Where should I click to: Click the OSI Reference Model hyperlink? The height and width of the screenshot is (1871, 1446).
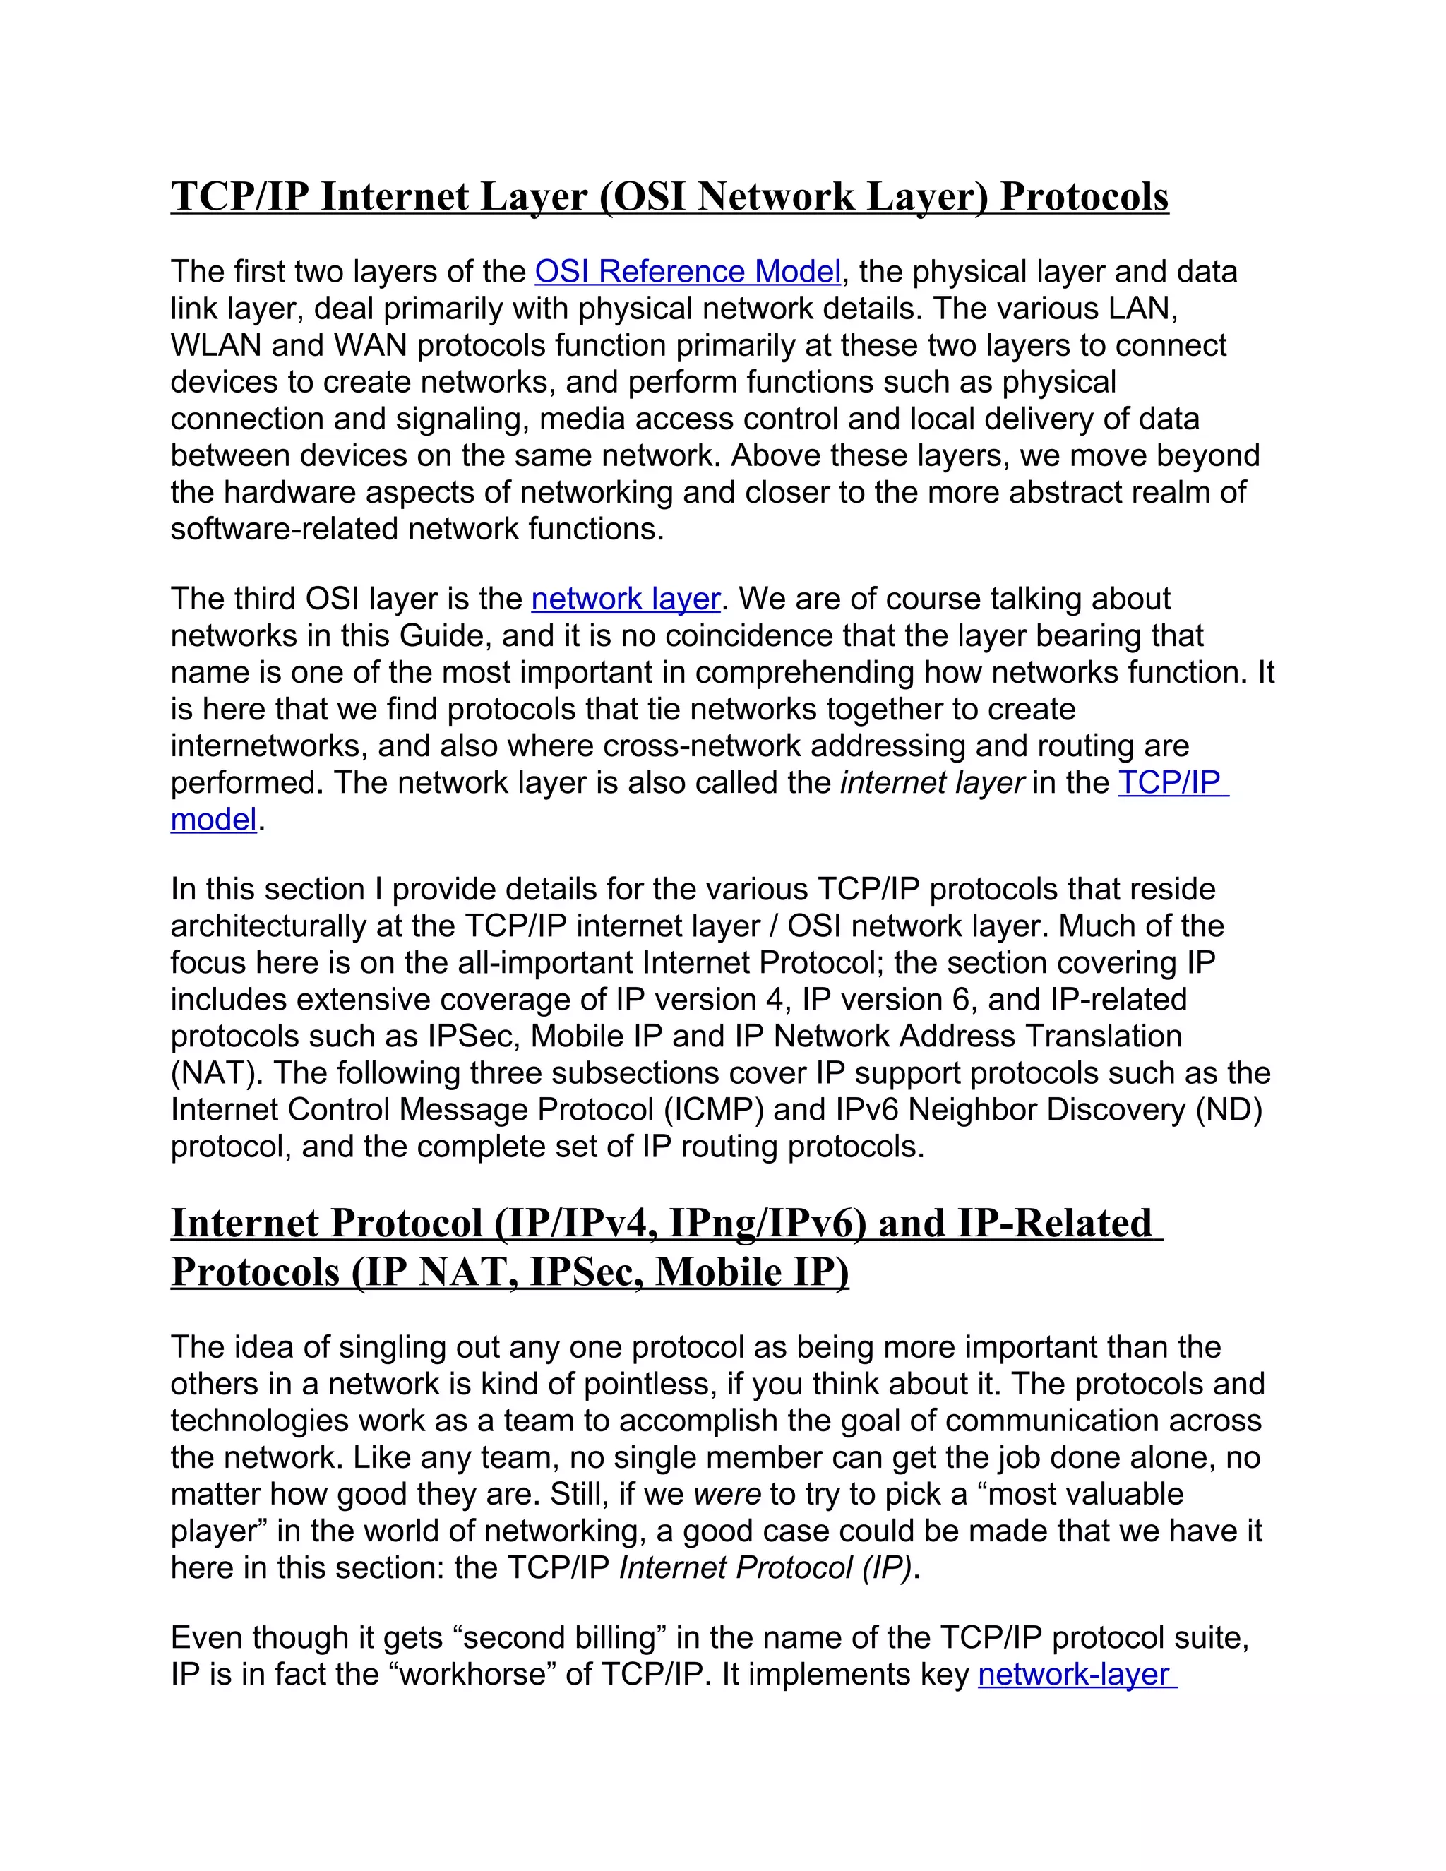click(687, 272)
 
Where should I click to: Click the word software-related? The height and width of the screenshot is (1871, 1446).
click(285, 530)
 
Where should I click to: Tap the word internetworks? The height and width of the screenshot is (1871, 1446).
click(268, 746)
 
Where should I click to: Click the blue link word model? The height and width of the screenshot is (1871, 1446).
click(213, 820)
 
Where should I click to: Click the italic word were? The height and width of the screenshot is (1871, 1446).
click(727, 1495)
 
